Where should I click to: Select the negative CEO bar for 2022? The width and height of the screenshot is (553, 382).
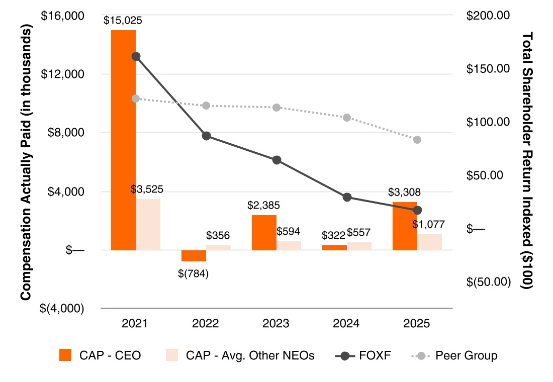pos(194,255)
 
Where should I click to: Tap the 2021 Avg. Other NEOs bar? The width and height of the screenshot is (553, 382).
pos(148,224)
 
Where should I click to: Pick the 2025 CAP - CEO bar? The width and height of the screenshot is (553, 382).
pos(405,226)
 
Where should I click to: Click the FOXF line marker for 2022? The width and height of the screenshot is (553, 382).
pos(206,136)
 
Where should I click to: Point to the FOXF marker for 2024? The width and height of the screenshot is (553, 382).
pos(347,197)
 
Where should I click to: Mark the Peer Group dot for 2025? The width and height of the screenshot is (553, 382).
pos(417,140)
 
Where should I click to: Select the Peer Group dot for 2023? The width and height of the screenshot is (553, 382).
pos(276,108)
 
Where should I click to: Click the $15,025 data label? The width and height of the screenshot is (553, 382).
pos(123,21)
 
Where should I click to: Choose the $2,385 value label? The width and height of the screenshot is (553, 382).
pos(263,206)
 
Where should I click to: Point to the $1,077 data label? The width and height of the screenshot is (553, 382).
pos(429,225)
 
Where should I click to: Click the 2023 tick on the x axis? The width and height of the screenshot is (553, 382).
pos(276,323)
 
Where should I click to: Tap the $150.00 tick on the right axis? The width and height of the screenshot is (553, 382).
pos(488,69)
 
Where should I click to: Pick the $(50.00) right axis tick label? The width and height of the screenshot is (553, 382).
pos(488,281)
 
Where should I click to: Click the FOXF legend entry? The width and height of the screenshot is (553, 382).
pos(362,356)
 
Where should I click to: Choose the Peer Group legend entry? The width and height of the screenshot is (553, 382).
pos(454,356)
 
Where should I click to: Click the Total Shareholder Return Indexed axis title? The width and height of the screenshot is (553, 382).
pos(527,161)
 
